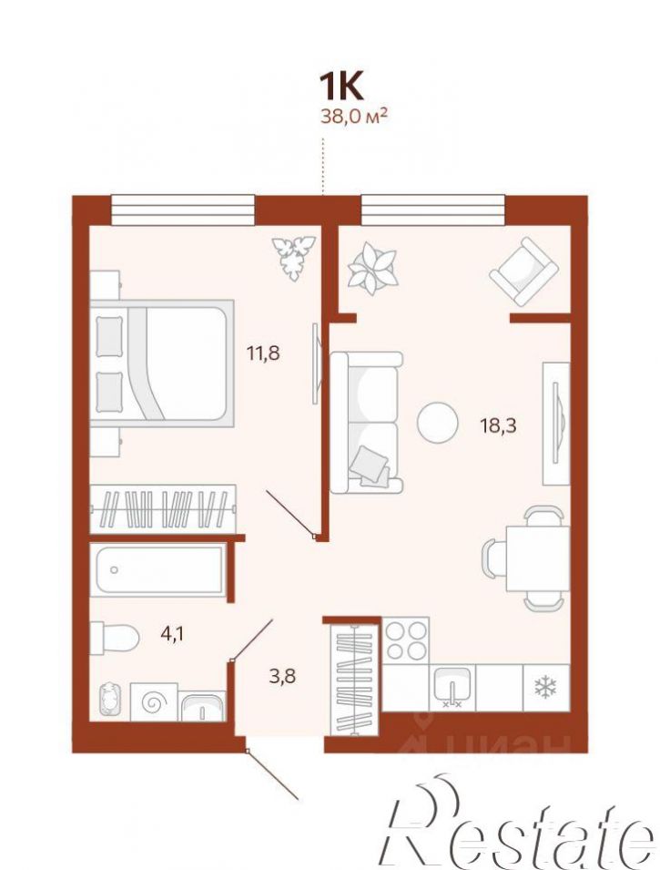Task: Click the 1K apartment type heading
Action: pyautogui.click(x=340, y=87)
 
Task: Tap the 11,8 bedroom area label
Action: pyautogui.click(x=263, y=353)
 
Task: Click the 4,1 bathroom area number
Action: pyautogui.click(x=172, y=633)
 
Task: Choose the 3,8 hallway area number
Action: pyautogui.click(x=282, y=676)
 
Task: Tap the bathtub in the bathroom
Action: pyautogui.click(x=158, y=570)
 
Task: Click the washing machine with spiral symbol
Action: pyautogui.click(x=154, y=702)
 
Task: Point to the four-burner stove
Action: pyautogui.click(x=406, y=640)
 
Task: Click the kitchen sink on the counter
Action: pyautogui.click(x=452, y=688)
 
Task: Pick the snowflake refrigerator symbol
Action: pyautogui.click(x=544, y=688)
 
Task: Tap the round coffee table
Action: pyautogui.click(x=438, y=422)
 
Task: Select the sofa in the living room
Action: pyautogui.click(x=366, y=422)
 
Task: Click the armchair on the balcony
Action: pyautogui.click(x=523, y=271)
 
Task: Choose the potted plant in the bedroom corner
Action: pyautogui.click(x=293, y=257)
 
